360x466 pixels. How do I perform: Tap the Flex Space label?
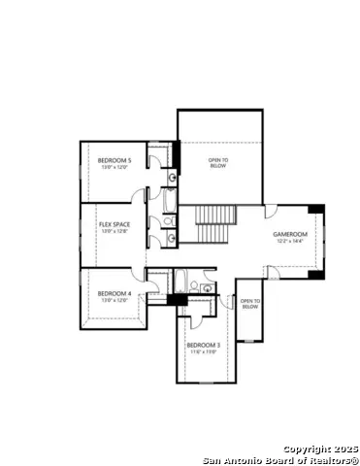click(115, 224)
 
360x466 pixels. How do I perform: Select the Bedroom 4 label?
click(115, 293)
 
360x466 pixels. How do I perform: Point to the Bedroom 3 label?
click(204, 345)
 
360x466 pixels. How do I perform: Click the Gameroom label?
click(289, 234)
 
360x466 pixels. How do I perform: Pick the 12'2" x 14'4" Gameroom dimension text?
click(289, 241)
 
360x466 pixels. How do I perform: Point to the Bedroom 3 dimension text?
click(204, 351)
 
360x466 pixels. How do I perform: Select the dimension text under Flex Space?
click(115, 231)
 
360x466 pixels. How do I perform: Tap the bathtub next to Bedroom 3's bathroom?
click(181, 282)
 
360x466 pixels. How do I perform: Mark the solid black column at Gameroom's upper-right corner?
click(317, 210)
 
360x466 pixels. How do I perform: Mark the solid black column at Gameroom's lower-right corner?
click(317, 272)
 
